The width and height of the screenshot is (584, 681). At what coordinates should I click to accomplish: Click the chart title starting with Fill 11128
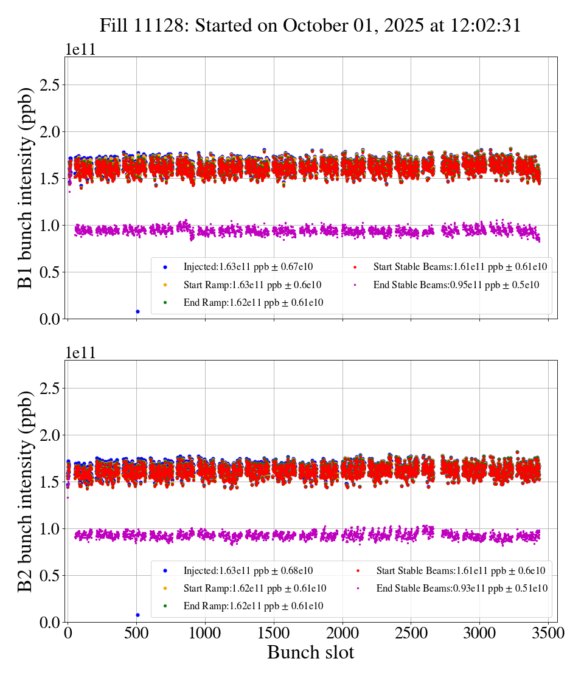(310, 25)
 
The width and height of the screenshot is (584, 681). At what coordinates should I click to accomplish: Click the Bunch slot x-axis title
(310, 653)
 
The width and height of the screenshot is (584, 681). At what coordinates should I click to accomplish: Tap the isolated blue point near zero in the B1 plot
(137, 311)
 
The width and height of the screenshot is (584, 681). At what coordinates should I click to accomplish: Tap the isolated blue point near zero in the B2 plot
(137, 615)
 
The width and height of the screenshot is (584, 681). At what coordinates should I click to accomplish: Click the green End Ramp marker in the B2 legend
(165, 606)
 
